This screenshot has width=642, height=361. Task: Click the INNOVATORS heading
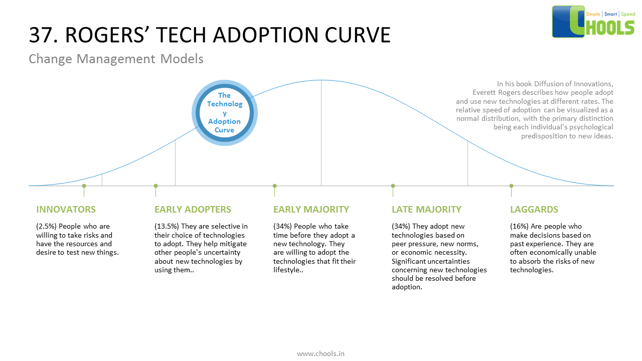coord(66,210)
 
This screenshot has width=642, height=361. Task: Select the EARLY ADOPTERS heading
coord(193,210)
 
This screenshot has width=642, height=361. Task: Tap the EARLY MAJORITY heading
coord(311,210)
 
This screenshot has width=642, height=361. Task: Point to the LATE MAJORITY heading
coord(426,210)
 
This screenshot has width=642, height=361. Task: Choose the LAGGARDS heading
coord(534,210)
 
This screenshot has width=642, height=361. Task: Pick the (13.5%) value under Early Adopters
coord(167,227)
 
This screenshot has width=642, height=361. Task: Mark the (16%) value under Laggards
coord(520,227)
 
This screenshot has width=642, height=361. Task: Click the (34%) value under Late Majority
coord(401,227)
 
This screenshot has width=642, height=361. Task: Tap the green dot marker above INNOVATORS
coord(84,186)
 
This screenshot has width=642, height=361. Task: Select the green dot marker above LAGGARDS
coord(511,186)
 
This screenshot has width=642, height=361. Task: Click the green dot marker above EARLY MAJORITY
coord(274,186)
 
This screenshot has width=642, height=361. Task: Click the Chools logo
coord(593,22)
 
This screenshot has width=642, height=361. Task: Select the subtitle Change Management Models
coord(116,59)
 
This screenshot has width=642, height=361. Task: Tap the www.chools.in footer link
coord(320,353)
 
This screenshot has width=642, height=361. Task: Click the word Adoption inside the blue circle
coord(224,121)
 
